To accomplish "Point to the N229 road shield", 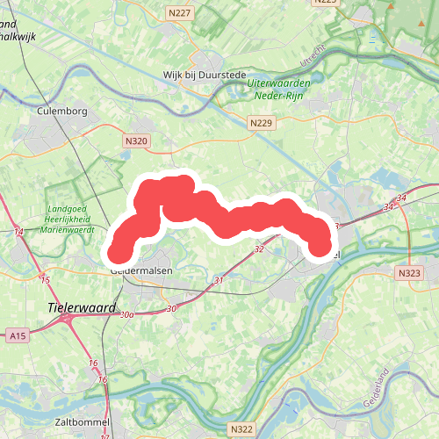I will (261, 125).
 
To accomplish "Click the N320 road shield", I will (136, 140).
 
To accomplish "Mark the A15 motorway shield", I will (18, 335).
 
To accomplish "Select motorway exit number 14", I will (19, 233).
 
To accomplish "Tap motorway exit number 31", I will (219, 280).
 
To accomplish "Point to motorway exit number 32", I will (259, 249).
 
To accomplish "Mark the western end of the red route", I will (118, 253).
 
